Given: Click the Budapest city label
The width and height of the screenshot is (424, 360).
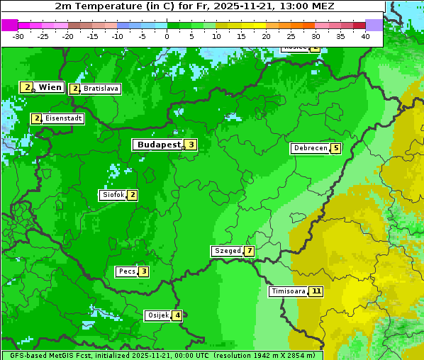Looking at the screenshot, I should [x=159, y=145].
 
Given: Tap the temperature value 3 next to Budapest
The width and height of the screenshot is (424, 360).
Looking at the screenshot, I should [x=191, y=145].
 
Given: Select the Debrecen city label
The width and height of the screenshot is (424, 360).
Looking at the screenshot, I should [x=310, y=149].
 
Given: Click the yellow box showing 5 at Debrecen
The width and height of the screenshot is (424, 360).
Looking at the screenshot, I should [x=335, y=149].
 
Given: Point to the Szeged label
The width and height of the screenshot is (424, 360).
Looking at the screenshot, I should [x=228, y=251].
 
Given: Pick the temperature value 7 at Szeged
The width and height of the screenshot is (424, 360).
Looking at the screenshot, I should [x=249, y=251].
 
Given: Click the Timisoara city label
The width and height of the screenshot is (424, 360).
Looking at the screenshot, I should [x=289, y=291].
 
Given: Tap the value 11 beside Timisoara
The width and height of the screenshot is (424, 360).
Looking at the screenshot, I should [x=316, y=291].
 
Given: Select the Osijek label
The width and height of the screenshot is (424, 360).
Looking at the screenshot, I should [x=158, y=315].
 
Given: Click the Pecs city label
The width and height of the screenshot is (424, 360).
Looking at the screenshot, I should [x=127, y=271].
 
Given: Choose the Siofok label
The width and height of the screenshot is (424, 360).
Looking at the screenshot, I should [x=113, y=195].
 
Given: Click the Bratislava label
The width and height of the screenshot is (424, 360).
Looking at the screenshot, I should [x=100, y=89].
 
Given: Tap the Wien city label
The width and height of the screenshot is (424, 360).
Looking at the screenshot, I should [x=50, y=87].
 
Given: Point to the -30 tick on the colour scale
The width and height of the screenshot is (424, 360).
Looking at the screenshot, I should [x=18, y=35].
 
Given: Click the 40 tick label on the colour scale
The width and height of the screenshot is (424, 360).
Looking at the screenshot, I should [x=365, y=35].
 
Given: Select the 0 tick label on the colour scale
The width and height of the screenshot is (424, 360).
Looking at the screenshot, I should [x=167, y=35].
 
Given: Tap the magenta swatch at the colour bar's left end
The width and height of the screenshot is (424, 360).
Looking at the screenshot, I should [x=9, y=25].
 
